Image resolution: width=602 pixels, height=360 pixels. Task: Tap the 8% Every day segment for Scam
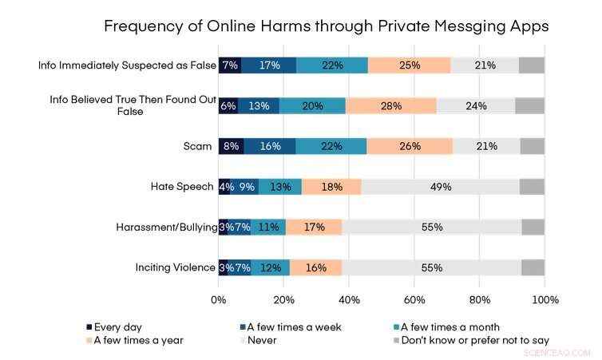click(232, 146)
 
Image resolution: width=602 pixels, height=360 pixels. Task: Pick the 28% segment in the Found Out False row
click(391, 105)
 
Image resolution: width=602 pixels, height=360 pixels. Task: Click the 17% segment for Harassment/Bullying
click(314, 227)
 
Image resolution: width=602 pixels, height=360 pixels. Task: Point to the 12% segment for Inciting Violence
click(271, 267)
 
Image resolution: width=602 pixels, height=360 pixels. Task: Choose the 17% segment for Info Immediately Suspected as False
click(269, 65)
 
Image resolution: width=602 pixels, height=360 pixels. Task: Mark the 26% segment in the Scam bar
click(410, 146)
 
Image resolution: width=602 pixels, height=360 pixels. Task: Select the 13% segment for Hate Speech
click(280, 187)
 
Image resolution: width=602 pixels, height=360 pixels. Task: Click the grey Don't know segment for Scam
click(532, 146)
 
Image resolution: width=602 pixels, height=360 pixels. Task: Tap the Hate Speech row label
click(182, 187)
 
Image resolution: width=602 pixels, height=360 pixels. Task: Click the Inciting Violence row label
click(174, 267)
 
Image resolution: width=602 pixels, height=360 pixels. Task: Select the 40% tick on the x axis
click(349, 300)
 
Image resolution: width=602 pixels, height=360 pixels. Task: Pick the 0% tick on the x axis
click(218, 300)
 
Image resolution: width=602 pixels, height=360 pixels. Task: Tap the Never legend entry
click(262, 339)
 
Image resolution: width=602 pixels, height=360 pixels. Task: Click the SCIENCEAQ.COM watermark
click(557, 351)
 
